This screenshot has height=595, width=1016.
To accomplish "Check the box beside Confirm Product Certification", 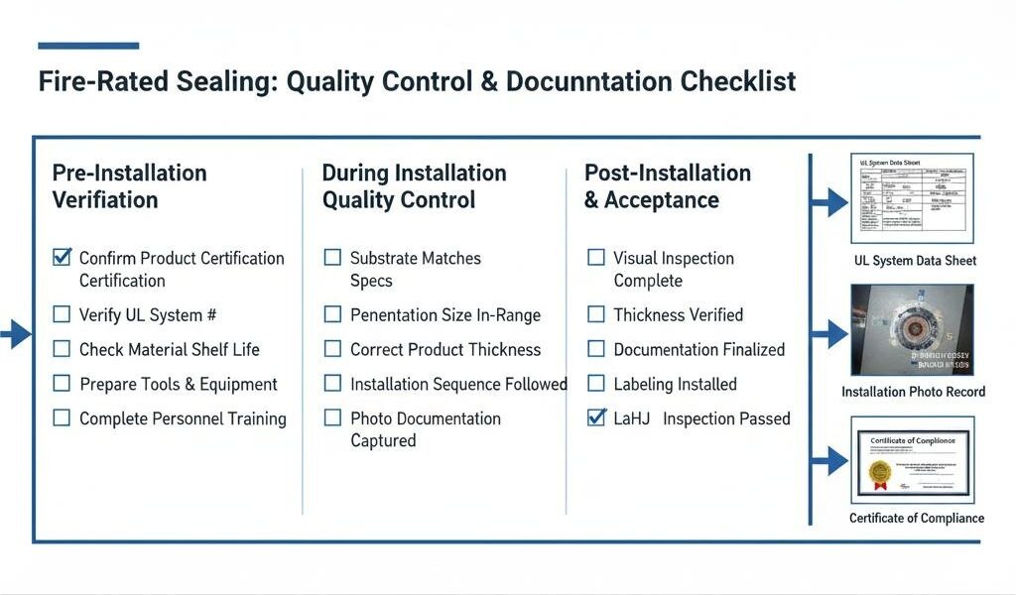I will pos(62,258).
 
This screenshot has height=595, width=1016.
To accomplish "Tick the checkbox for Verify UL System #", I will pos(62,315).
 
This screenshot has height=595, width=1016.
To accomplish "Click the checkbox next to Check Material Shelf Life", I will pos(62,349).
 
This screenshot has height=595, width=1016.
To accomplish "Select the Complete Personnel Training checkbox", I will pos(62,418).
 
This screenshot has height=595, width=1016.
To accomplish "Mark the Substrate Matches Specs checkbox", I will pos(332,258).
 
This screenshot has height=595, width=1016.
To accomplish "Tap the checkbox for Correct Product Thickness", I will pos(332,349).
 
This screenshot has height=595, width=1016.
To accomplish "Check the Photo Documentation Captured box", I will pos(332,418).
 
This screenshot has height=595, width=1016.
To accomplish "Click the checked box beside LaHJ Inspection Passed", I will pos(596,417).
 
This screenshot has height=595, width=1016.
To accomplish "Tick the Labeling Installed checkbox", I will pos(596,383).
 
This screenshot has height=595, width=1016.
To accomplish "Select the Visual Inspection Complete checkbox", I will pos(596,258).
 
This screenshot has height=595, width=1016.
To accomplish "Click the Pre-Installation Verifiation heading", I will pos(129,186).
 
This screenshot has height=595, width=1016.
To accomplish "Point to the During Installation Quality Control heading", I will pos(414,186).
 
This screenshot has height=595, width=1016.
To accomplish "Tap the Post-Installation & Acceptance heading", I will pos(667,186).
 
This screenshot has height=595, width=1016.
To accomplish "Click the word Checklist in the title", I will pos(737,81).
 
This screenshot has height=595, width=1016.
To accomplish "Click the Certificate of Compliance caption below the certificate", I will pos(917,518).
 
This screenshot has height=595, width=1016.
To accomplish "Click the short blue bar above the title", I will pos(88,46).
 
